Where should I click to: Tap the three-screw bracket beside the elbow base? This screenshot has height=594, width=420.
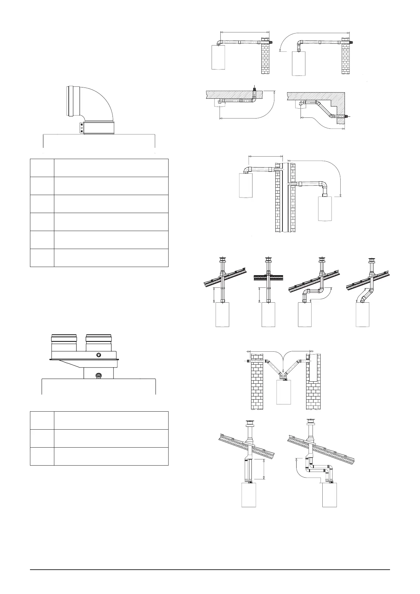(x=81, y=128)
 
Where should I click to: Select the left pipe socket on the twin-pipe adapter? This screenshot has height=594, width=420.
(x=63, y=342)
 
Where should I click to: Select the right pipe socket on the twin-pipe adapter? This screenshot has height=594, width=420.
(x=98, y=342)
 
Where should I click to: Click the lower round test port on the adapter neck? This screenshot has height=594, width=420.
(x=98, y=376)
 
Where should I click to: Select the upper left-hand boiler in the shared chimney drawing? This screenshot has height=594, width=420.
(x=246, y=186)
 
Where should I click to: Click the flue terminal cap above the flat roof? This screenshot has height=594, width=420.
(x=268, y=261)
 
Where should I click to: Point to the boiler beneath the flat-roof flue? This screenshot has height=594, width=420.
(x=268, y=314)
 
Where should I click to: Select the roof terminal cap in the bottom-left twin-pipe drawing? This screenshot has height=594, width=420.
(x=249, y=424)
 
